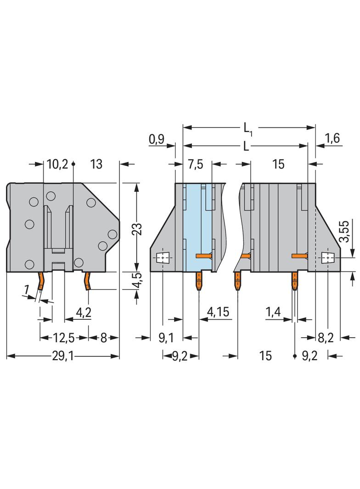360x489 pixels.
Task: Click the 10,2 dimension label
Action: point(57,164)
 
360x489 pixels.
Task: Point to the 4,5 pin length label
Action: point(136,280)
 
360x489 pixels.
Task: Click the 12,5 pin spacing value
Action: point(64,338)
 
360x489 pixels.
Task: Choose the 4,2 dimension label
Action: point(83,313)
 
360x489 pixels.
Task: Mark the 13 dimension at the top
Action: point(96,164)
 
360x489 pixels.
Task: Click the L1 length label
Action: point(247,129)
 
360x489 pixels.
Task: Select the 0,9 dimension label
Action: point(157,139)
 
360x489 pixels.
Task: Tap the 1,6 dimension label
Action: point(332,139)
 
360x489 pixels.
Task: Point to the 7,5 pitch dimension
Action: point(195,164)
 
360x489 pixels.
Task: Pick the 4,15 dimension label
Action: point(218,313)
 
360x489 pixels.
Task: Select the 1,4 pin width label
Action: point(273,313)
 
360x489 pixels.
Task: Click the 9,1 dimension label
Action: point(166,338)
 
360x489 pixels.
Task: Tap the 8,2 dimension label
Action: point(326,338)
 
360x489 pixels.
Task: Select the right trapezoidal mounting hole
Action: point(327,258)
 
